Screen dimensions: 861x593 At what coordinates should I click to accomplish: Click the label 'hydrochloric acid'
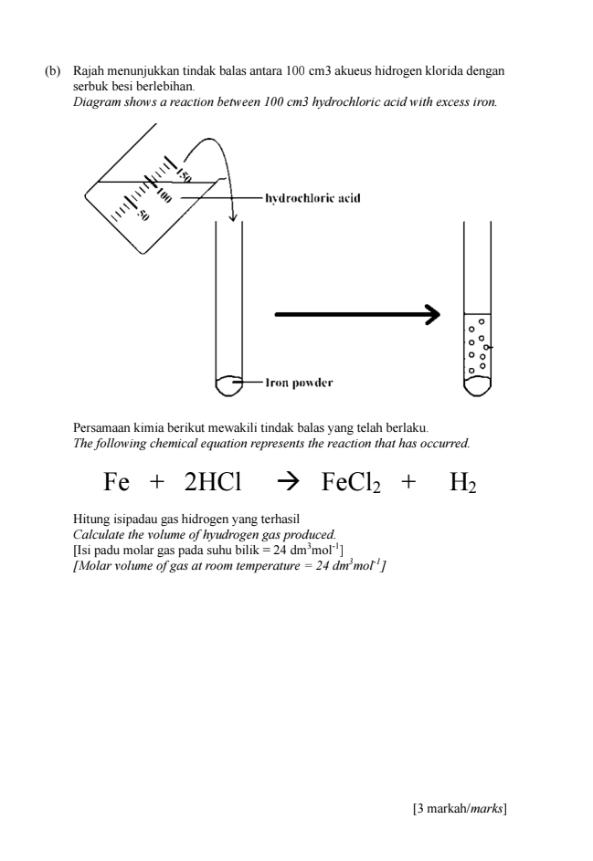click(312, 197)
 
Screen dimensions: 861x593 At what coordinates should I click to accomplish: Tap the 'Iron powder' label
click(299, 383)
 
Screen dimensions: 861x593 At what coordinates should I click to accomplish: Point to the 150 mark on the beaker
click(184, 173)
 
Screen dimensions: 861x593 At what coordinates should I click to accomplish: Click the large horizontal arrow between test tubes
click(357, 315)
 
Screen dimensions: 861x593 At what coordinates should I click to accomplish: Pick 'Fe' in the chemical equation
click(118, 481)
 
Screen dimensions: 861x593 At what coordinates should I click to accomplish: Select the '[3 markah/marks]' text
click(460, 808)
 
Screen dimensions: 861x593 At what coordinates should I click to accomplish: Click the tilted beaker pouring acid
click(151, 196)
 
